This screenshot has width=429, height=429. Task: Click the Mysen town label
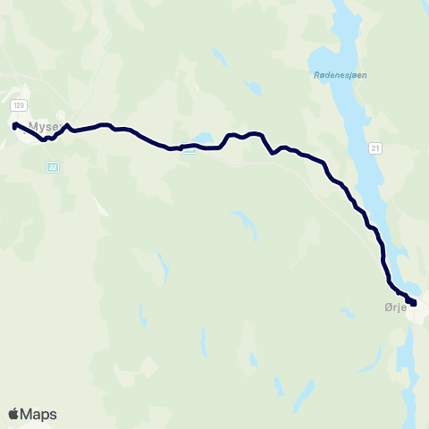click(44, 127)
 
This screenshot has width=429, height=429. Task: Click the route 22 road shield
click(53, 165)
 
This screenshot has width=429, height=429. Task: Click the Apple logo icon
click(13, 414)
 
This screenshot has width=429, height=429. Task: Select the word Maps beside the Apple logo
click(39, 414)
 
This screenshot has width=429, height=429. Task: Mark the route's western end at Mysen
click(15, 126)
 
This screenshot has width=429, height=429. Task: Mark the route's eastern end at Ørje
click(412, 302)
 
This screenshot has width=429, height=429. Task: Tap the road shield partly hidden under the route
click(188, 149)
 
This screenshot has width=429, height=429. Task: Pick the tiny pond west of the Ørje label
click(345, 312)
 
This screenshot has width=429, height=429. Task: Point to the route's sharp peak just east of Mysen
click(67, 125)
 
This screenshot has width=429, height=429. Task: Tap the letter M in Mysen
click(33, 127)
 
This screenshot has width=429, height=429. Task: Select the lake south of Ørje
click(411, 357)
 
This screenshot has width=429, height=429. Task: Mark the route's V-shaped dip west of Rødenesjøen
click(272, 153)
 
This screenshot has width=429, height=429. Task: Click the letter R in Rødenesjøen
click(317, 76)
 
